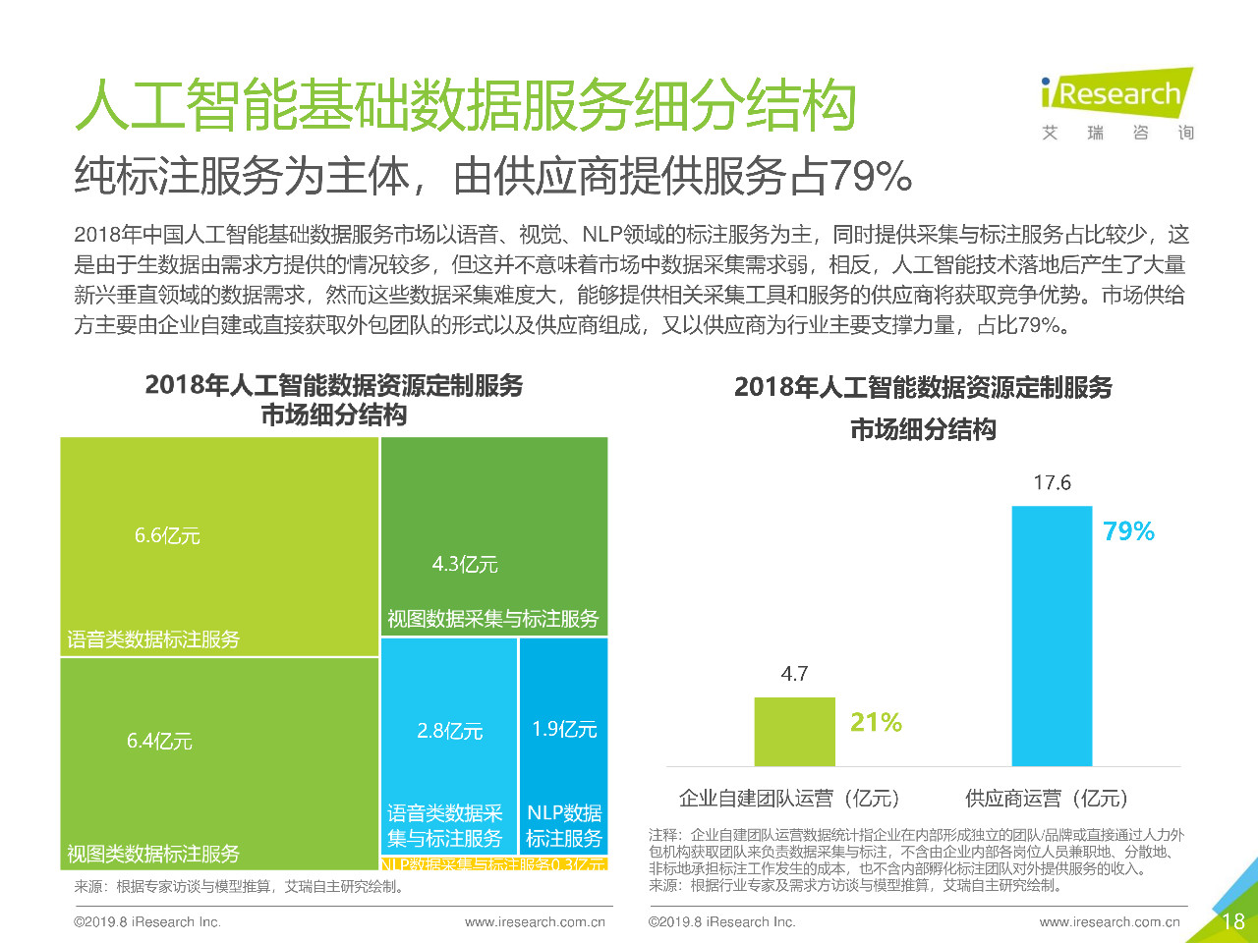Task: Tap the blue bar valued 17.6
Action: point(1052,635)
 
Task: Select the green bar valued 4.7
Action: point(794,731)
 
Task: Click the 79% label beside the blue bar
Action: point(1128,531)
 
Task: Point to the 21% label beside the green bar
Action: point(876,723)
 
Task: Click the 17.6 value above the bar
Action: point(1052,483)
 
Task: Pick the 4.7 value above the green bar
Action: point(794,674)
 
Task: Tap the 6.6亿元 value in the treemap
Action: point(167,536)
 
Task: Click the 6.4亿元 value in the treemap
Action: point(159,742)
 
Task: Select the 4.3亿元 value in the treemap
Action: point(465,565)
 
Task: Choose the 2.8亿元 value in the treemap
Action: point(449,732)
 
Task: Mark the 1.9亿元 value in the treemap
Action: point(564,730)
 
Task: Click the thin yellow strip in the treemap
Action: point(493,864)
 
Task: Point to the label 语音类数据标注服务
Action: point(153,640)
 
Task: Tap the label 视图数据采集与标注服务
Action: point(492,619)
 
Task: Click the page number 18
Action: point(1232,921)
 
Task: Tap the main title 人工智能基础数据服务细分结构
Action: point(465,105)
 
